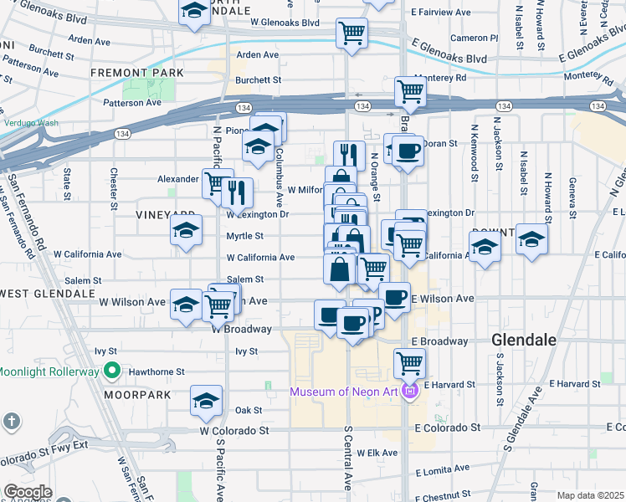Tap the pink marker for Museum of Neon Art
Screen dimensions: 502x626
click(409, 391)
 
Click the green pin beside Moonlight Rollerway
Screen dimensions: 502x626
click(110, 371)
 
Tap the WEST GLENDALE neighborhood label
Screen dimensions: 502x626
click(48, 294)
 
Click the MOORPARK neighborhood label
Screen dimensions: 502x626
click(138, 394)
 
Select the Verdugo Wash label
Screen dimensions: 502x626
click(31, 123)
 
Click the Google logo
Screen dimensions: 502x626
click(28, 492)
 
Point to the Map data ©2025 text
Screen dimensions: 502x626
click(590, 495)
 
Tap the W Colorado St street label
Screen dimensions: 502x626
click(234, 431)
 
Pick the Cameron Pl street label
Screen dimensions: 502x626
click(474, 38)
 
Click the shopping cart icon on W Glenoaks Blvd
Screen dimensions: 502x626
click(352, 33)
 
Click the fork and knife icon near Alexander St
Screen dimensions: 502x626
click(238, 192)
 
